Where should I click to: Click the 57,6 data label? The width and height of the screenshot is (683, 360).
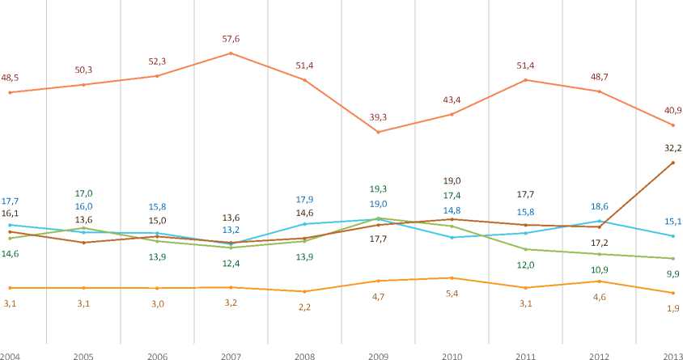[x=231, y=38]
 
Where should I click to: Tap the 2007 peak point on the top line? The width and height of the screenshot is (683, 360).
[x=231, y=53]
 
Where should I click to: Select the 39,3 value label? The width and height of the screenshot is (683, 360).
[x=378, y=117]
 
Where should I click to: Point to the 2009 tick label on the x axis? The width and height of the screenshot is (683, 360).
[x=378, y=355]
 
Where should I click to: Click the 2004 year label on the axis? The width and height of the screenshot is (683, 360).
[x=11, y=355]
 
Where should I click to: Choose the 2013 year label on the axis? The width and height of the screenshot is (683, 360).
[x=672, y=355]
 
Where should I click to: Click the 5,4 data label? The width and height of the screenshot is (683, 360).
[x=452, y=292]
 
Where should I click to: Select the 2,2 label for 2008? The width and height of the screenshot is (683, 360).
[x=305, y=306]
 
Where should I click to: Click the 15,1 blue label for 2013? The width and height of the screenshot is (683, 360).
[x=672, y=221]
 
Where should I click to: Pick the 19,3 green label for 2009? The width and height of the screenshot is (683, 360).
[x=378, y=188]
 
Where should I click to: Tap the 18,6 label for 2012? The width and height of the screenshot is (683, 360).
[x=598, y=206]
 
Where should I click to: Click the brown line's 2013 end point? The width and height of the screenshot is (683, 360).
[x=672, y=163]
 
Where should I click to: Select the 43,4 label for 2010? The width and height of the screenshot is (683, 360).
[x=452, y=100]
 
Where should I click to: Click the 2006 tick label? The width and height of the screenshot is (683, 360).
[x=158, y=355]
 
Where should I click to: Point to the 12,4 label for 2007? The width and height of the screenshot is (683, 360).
[x=231, y=264]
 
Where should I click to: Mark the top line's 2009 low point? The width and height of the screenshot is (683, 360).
[x=378, y=132]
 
